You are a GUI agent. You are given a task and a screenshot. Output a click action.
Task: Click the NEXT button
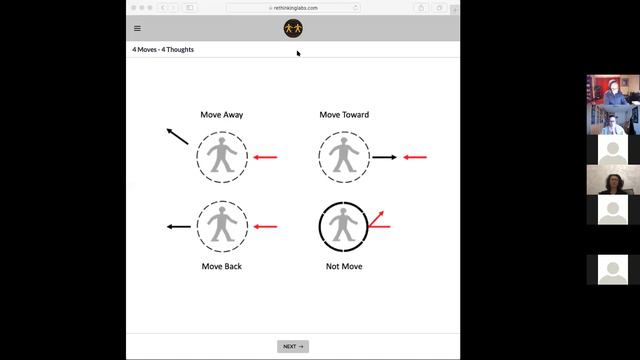(293, 346)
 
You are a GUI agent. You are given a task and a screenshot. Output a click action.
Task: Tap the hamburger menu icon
(137, 28)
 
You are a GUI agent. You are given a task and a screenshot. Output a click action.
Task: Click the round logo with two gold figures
(293, 28)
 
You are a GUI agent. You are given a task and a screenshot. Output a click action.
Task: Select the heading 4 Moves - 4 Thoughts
(163, 49)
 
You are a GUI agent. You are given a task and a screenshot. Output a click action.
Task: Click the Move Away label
(222, 115)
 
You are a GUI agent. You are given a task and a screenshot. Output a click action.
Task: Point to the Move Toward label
(344, 115)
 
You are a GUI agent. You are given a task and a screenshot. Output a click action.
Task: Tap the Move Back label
(222, 266)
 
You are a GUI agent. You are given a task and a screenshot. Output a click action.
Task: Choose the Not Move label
(344, 266)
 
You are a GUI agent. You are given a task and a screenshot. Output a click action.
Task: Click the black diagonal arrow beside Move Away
(177, 136)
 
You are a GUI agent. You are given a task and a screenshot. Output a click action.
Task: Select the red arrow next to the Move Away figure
(265, 157)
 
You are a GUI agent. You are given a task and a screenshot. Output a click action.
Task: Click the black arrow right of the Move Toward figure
(384, 157)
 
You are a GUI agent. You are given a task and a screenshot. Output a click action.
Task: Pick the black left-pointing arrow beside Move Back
(179, 227)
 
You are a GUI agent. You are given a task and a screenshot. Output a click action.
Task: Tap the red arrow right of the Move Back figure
(265, 227)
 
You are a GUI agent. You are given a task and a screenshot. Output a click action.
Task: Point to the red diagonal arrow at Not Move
(376, 218)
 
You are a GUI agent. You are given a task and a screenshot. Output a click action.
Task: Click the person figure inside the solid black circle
(343, 224)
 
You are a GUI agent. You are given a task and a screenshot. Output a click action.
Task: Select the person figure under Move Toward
(344, 155)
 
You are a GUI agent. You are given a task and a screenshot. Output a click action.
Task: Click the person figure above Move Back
(222, 224)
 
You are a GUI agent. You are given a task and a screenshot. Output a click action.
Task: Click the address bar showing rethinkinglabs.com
(293, 8)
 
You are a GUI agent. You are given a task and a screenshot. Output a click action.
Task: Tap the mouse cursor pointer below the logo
(298, 53)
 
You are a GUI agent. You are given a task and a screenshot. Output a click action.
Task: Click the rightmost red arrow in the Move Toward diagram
(415, 157)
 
